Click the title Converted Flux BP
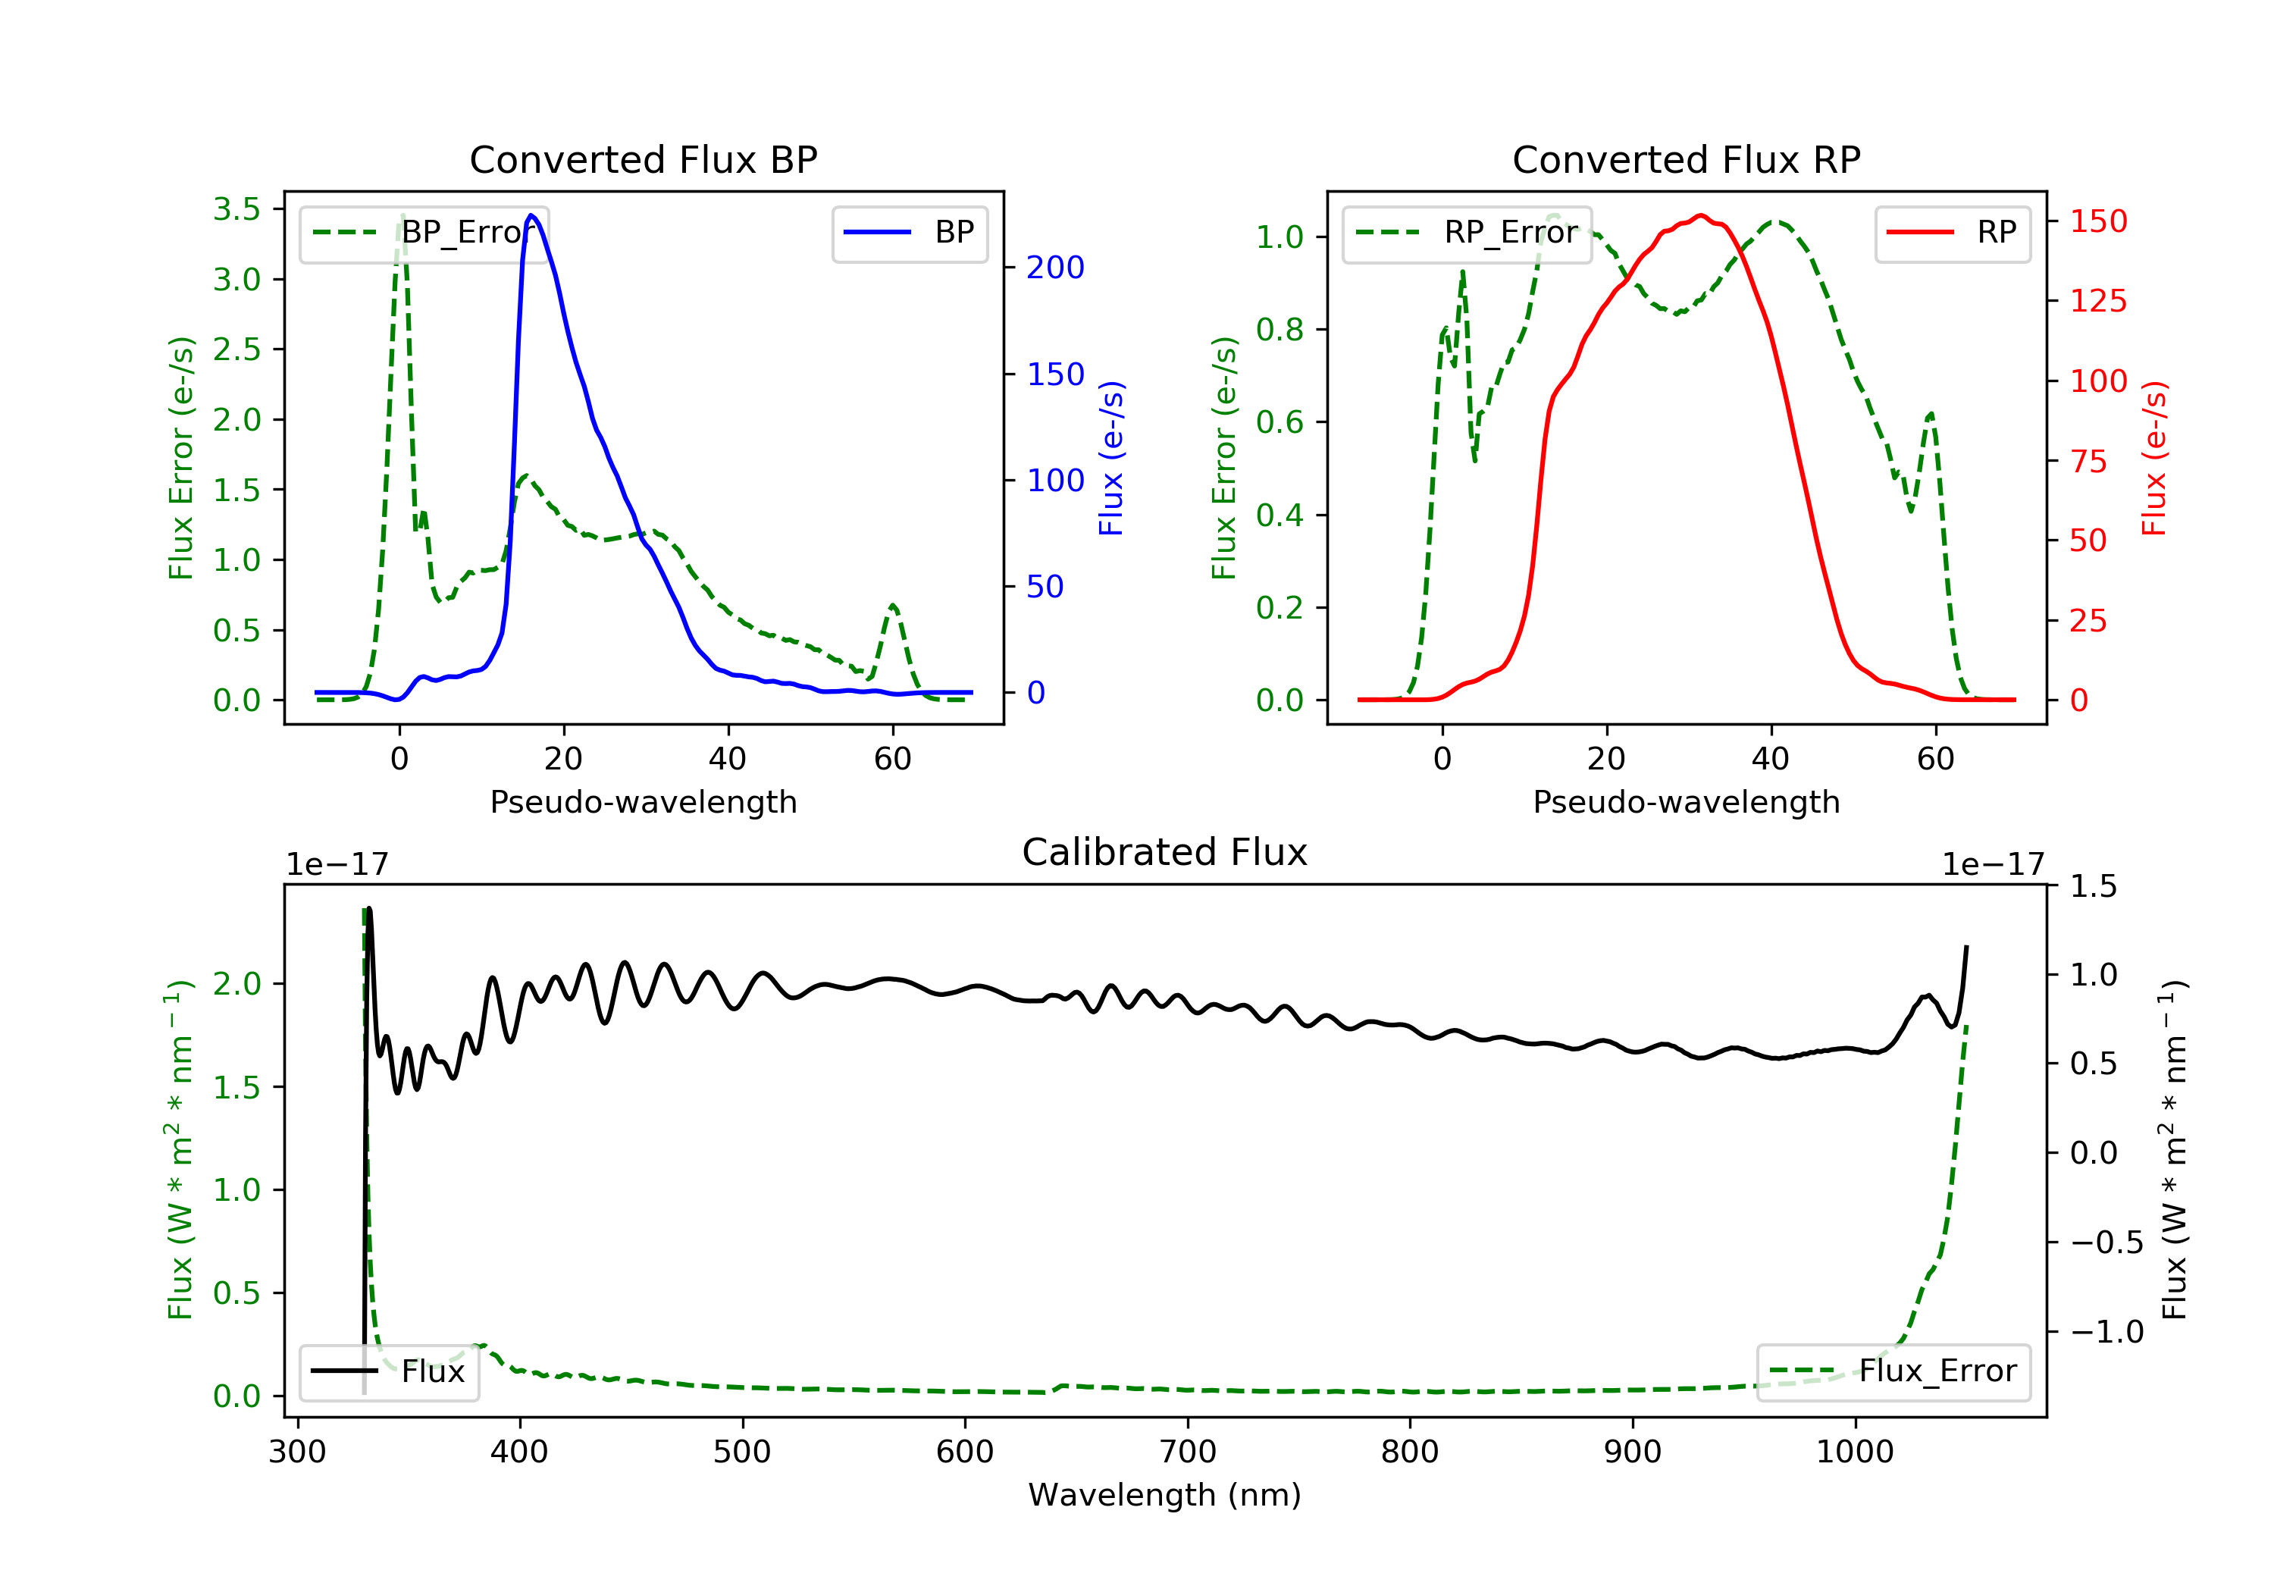pyautogui.click(x=643, y=159)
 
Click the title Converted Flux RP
pyautogui.click(x=1686, y=159)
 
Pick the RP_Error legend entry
pyautogui.click(x=1467, y=233)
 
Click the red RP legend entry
pyautogui.click(x=1952, y=233)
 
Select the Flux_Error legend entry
pyautogui.click(x=1893, y=1371)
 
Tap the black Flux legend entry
pyautogui.click(x=390, y=1371)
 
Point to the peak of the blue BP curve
pyautogui.click(x=532, y=215)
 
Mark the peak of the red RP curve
pyautogui.click(x=1700, y=215)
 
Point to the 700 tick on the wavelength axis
pyautogui.click(x=1188, y=1453)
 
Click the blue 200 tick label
pyautogui.click(x=1055, y=268)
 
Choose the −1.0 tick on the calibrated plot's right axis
pyautogui.click(x=2106, y=1331)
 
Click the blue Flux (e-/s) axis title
pyautogui.click(x=1111, y=458)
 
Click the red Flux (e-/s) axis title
pyautogui.click(x=2154, y=458)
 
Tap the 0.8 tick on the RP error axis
pyautogui.click(x=1280, y=329)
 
